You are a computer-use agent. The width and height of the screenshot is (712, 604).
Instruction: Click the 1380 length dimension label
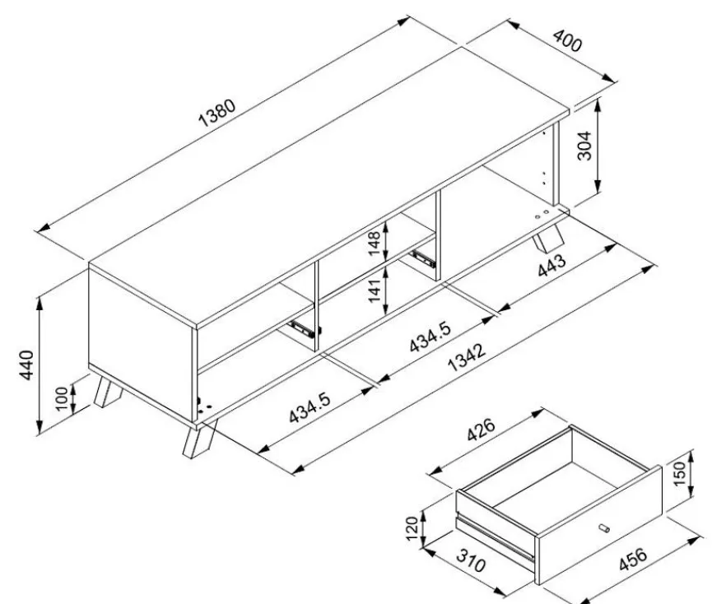[217, 112]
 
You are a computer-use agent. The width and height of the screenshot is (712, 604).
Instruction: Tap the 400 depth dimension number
[567, 41]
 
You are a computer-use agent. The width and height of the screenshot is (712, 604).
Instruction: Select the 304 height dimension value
[584, 146]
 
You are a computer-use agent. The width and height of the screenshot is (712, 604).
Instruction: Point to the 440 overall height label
[26, 365]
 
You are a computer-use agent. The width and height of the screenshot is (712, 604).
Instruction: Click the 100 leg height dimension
[62, 398]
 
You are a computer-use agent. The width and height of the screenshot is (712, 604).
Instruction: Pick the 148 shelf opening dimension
[375, 244]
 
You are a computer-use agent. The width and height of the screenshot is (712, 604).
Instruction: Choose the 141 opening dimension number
[375, 290]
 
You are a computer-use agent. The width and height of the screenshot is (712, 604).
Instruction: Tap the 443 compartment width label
[551, 265]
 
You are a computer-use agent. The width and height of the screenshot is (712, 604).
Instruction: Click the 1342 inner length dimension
[467, 357]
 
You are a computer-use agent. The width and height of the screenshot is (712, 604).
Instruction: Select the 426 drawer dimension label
[481, 430]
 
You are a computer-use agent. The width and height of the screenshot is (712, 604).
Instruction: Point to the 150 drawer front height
[679, 473]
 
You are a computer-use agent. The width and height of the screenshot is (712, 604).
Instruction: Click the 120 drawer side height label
[412, 528]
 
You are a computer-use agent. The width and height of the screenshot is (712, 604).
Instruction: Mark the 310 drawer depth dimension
[471, 560]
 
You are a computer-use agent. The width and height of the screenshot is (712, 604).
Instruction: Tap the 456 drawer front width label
[632, 560]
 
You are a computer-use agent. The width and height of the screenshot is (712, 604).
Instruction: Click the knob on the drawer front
[604, 527]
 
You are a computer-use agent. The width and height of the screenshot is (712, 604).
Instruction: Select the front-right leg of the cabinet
[199, 439]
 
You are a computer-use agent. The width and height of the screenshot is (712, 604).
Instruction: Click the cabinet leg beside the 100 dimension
[108, 392]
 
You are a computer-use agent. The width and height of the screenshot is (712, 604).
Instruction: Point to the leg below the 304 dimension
[547, 239]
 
